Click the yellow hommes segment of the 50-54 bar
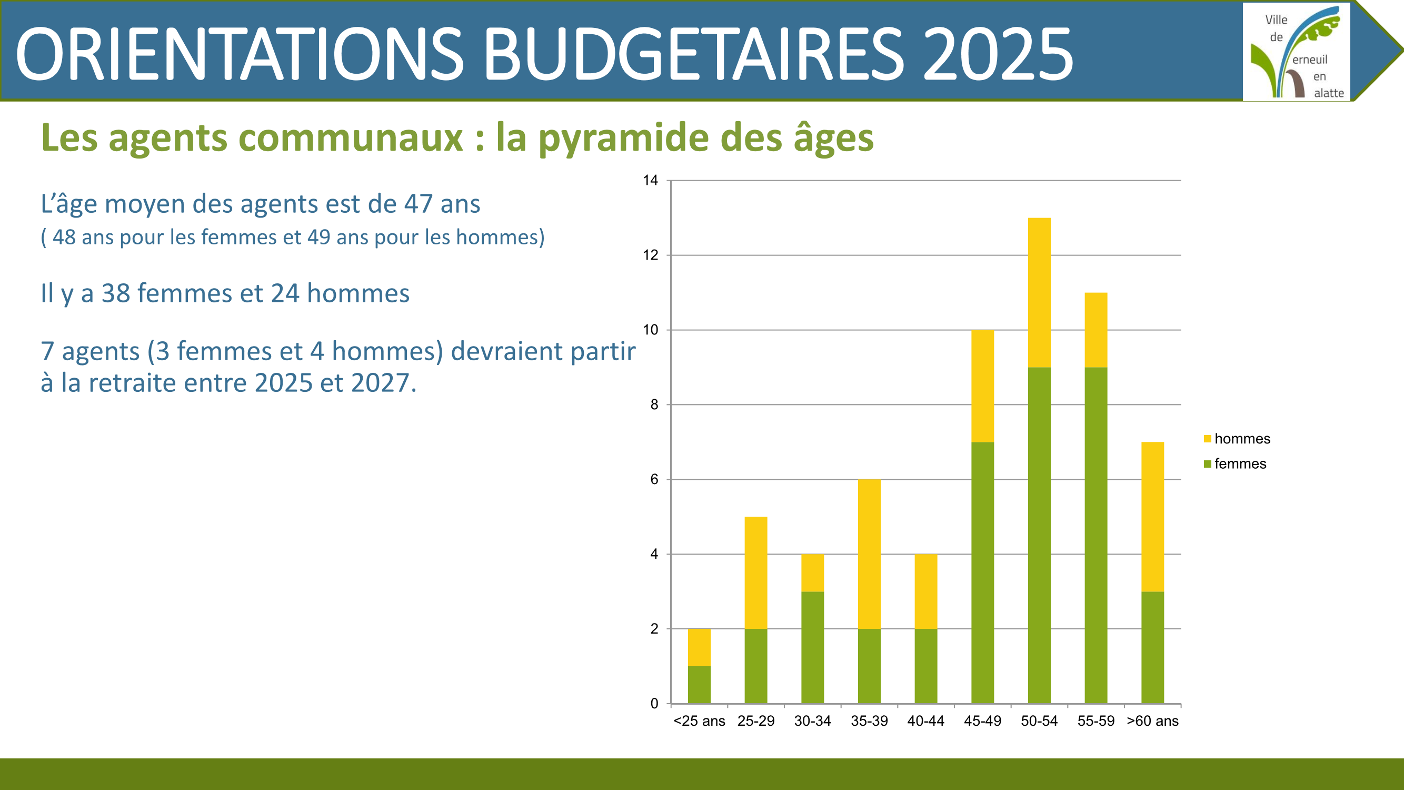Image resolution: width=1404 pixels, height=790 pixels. click(x=1039, y=293)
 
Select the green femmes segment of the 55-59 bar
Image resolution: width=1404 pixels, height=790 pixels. click(x=1096, y=536)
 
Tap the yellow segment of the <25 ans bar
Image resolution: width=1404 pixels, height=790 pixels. click(x=699, y=648)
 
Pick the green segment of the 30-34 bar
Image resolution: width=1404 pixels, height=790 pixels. click(x=812, y=648)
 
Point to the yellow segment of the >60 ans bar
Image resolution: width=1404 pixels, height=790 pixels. click(x=1152, y=517)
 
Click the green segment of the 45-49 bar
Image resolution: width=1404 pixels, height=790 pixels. click(x=982, y=573)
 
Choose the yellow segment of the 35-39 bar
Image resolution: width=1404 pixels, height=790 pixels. click(x=869, y=555)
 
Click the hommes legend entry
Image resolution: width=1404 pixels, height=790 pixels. click(x=1237, y=439)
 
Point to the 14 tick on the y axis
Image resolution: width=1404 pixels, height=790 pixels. click(x=650, y=181)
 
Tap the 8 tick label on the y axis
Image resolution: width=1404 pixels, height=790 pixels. click(x=654, y=404)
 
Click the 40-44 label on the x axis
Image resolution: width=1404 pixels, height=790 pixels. click(x=925, y=721)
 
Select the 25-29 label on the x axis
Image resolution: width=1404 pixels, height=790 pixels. click(x=755, y=721)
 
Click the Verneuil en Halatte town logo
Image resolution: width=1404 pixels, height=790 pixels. click(x=1296, y=52)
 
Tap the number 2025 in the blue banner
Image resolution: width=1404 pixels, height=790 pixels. click(x=998, y=55)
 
